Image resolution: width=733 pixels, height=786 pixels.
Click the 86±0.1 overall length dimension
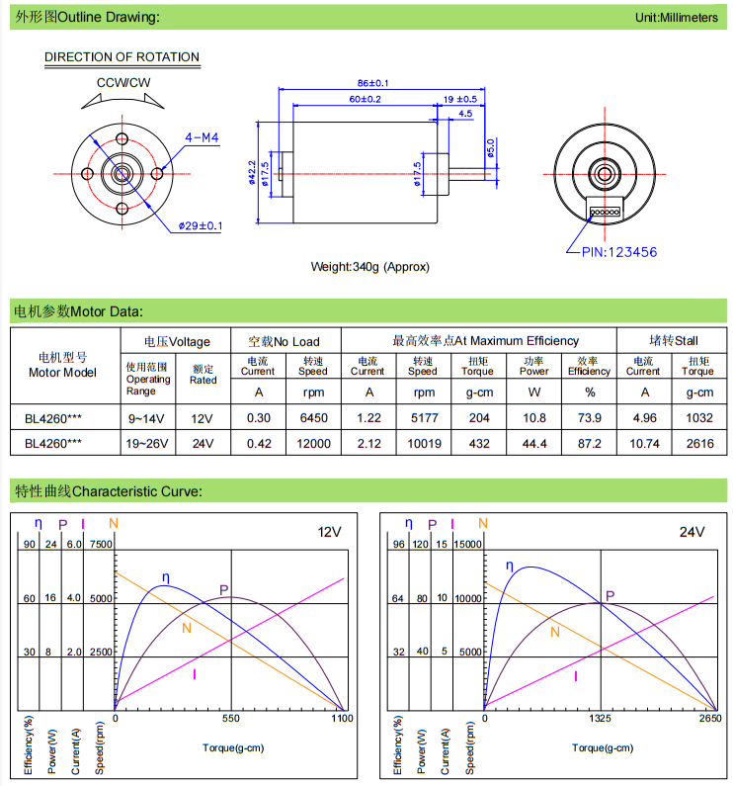[372, 83]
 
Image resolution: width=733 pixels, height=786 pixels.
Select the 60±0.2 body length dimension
[365, 99]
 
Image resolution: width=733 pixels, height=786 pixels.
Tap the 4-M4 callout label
[202, 137]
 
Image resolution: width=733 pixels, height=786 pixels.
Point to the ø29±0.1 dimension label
[201, 226]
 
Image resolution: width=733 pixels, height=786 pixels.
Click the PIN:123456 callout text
[619, 252]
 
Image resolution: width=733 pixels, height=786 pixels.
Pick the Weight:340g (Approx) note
[369, 267]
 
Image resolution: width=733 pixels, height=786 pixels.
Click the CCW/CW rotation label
[123, 83]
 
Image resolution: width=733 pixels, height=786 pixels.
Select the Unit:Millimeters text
[677, 18]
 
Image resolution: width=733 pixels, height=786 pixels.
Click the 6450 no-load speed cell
[313, 417]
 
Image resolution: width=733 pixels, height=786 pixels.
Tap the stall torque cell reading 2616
[699, 443]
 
